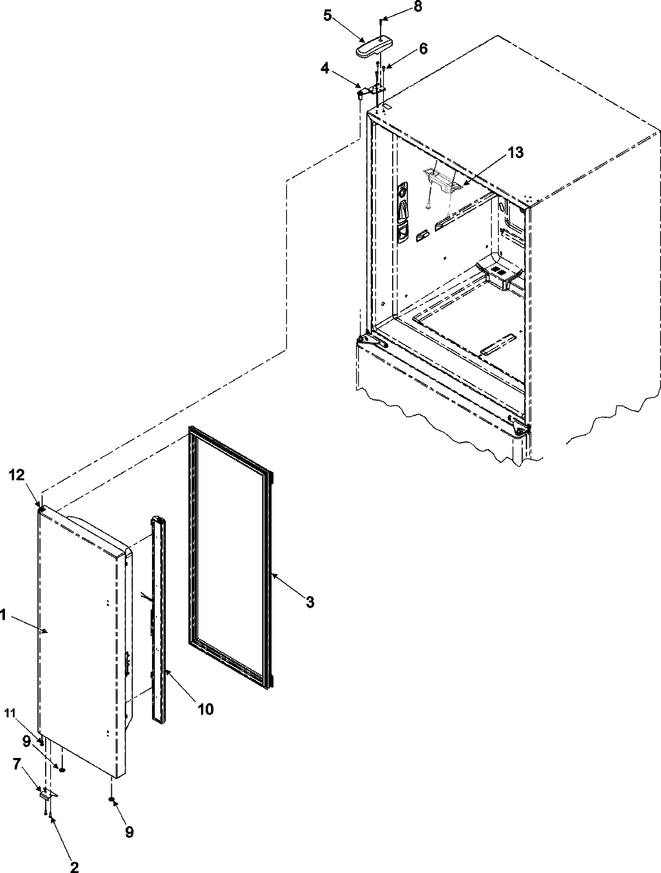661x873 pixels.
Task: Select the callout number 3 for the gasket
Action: coord(310,603)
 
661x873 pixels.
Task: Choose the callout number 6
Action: coord(422,48)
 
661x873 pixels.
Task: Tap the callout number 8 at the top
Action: coord(419,8)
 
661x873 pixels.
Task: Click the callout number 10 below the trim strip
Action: coord(205,709)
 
